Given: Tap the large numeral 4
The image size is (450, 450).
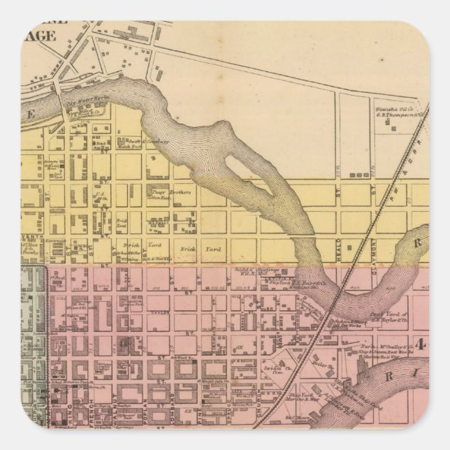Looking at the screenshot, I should pyautogui.click(x=421, y=344).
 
